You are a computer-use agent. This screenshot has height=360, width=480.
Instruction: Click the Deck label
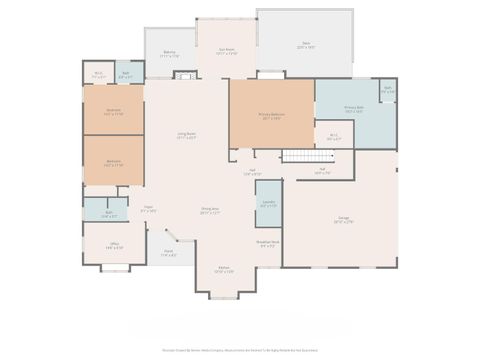coord(305,44)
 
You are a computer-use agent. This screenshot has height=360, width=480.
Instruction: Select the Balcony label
coord(170,56)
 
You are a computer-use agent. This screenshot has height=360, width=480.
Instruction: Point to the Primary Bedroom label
coord(271,116)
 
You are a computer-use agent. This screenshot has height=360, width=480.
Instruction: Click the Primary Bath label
coord(354,110)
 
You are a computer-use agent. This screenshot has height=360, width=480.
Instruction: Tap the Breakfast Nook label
coord(267,244)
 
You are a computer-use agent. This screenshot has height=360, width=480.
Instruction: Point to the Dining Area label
coord(209,212)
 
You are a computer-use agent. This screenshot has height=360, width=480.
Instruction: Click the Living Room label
coord(186,136)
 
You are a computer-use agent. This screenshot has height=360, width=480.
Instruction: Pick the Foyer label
coord(148,210)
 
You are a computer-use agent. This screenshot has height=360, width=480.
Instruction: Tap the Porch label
coord(169,254)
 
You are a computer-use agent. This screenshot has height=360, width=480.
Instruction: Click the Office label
coord(115,246)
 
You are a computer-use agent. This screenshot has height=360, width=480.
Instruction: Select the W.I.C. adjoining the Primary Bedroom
coord(334,138)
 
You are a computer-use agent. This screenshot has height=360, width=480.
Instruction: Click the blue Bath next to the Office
coord(107,214)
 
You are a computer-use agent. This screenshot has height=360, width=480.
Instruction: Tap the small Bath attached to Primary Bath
coord(387,91)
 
